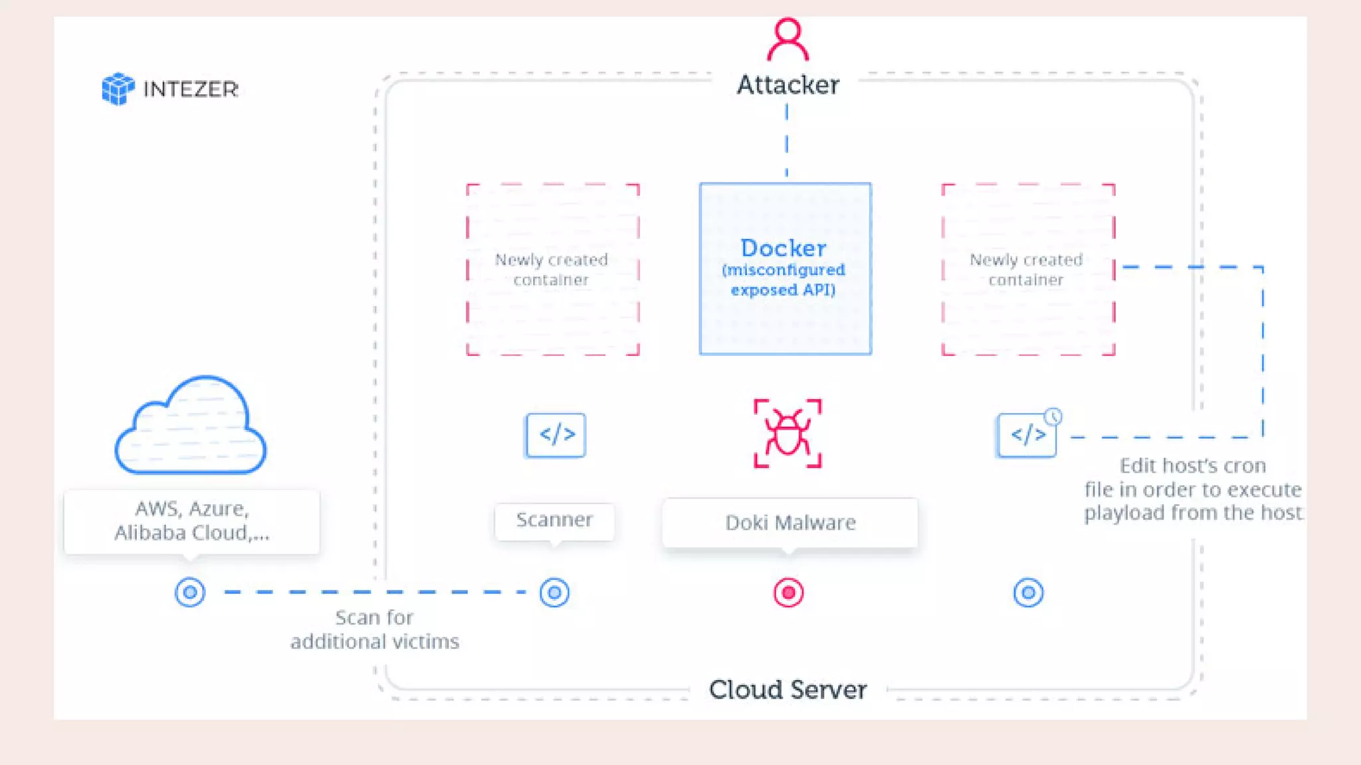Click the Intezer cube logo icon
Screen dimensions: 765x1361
118,88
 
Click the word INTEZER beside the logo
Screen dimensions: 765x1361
191,89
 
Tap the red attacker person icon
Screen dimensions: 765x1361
787,40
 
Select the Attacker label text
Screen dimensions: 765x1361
787,85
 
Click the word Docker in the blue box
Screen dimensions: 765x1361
784,248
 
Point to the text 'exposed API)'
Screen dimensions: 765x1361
783,290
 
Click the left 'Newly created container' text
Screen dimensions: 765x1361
552,269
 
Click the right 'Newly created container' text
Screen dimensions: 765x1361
1026,269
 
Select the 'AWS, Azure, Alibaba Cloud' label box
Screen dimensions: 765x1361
191,521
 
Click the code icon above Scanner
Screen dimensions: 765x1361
556,435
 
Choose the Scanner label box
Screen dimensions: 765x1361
554,520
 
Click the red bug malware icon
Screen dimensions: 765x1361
787,434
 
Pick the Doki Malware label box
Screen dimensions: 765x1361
789,523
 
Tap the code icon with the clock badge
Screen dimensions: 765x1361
1027,435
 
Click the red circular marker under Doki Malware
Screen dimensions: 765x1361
788,592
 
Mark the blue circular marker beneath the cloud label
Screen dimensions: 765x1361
190,592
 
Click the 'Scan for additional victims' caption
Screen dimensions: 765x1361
375,630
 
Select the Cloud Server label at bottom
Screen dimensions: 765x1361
787,689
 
